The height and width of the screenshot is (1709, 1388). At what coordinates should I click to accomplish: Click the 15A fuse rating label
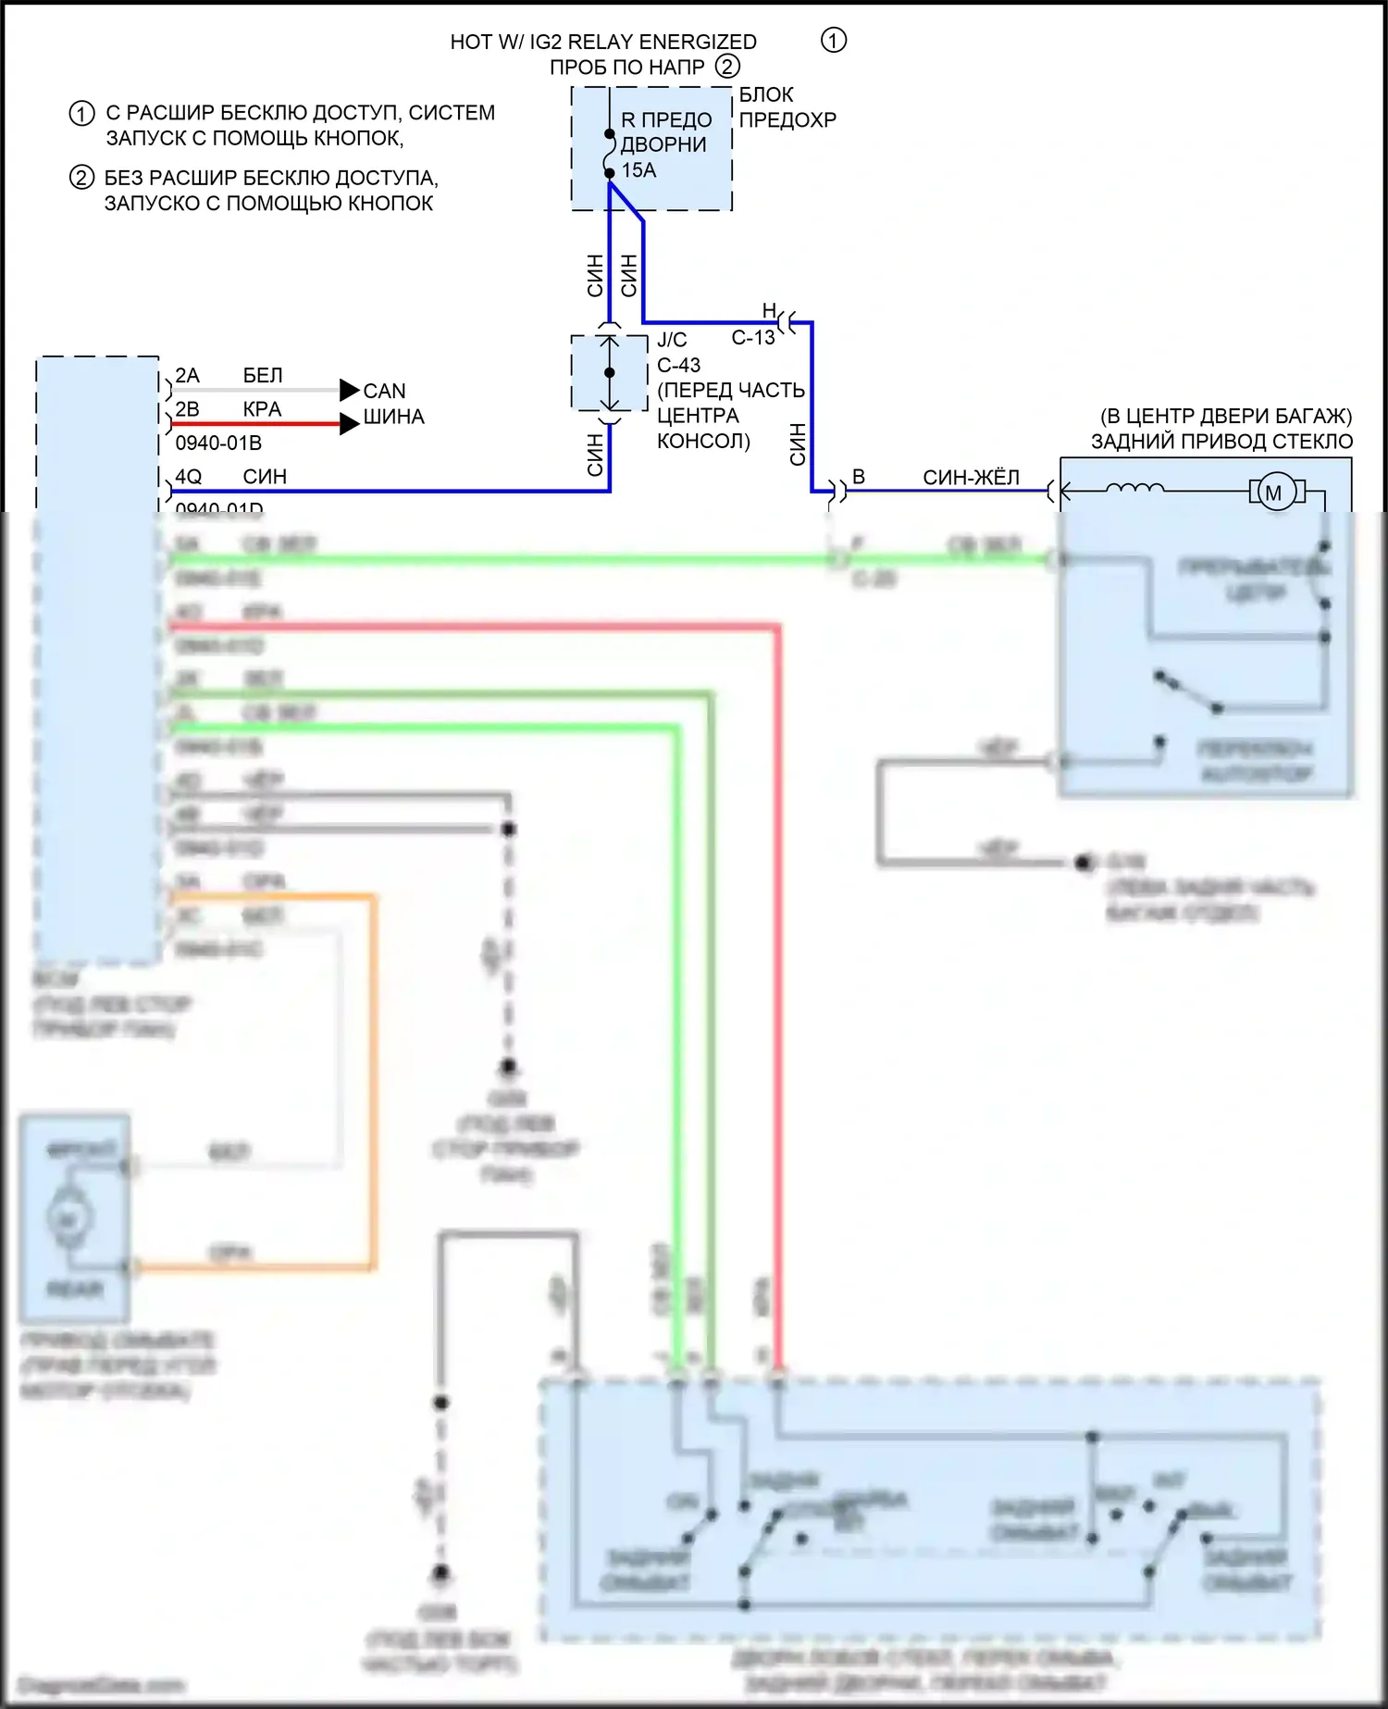[x=638, y=170]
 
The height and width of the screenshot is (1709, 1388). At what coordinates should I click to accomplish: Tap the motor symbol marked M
[x=1274, y=493]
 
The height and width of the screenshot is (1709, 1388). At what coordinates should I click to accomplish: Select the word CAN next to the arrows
[x=384, y=391]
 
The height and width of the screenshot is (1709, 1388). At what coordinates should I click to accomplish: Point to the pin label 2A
[x=187, y=376]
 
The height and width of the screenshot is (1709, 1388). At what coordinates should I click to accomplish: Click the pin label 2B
[x=187, y=409]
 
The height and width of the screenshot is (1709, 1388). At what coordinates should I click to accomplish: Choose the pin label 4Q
[x=188, y=477]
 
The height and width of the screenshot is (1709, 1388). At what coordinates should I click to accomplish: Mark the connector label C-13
[x=753, y=338]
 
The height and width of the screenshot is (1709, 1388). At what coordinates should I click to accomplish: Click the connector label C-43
[x=679, y=366]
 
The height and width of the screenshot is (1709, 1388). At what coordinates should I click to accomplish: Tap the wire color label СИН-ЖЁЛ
[x=971, y=478]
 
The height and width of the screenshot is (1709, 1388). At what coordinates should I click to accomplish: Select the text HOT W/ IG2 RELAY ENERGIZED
[x=603, y=42]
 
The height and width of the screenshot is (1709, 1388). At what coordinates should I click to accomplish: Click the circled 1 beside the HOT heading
[x=834, y=40]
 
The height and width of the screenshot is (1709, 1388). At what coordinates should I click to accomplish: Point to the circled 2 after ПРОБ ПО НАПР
[x=728, y=67]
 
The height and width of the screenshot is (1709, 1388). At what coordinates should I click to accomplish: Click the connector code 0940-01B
[x=218, y=443]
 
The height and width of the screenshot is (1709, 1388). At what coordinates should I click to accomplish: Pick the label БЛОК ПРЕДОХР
[x=787, y=107]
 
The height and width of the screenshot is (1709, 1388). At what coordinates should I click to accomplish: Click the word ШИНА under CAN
[x=393, y=418]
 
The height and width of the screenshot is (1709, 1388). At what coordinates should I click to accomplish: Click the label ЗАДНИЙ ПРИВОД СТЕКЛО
[x=1221, y=442]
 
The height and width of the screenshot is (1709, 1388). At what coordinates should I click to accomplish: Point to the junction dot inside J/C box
[x=609, y=373]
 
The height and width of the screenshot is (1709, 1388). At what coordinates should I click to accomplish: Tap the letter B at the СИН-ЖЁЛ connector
[x=859, y=477]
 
